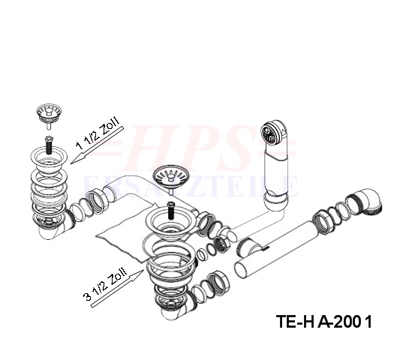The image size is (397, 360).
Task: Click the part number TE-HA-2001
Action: point(324,322)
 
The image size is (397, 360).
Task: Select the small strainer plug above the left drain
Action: point(49,114)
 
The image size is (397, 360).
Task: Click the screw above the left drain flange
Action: point(48,145)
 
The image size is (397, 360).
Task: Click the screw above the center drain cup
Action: point(171,210)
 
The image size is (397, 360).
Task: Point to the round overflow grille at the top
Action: point(270,133)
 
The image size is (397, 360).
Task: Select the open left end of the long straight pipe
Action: point(241,271)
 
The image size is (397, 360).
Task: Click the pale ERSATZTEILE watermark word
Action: point(191,187)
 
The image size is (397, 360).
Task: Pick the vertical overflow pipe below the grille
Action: point(276,175)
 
